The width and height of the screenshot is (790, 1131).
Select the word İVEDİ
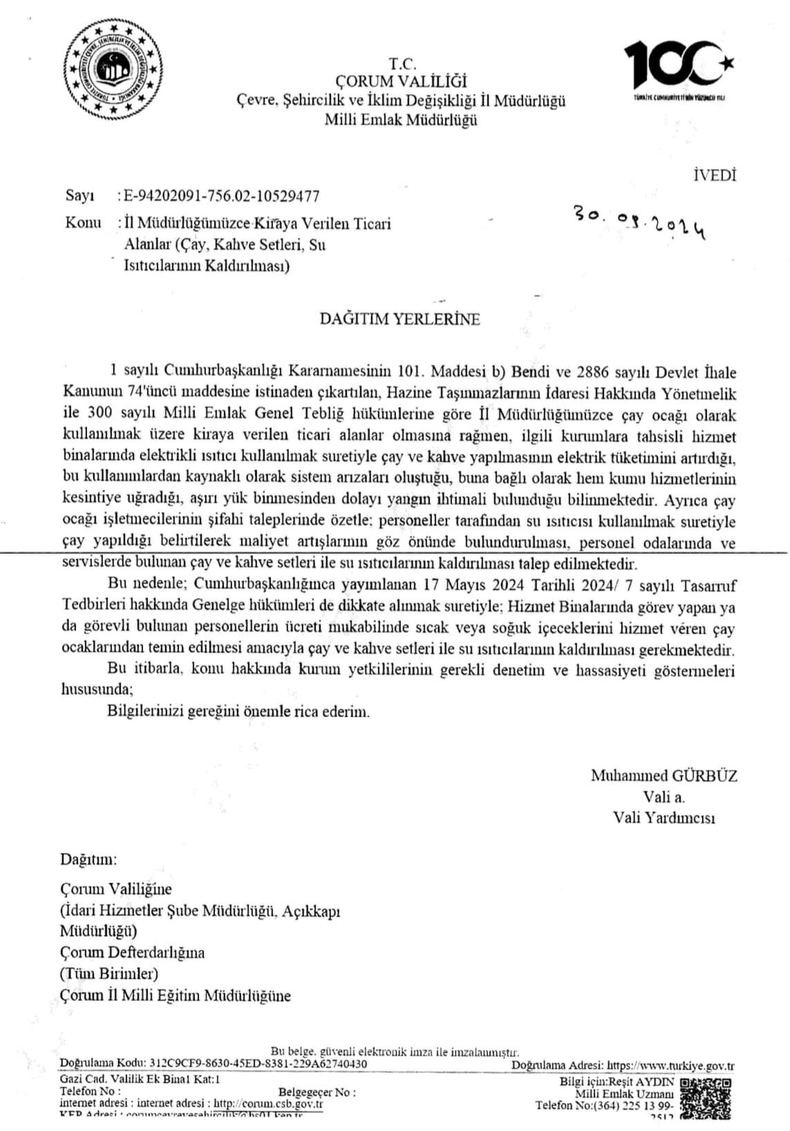pyautogui.click(x=714, y=175)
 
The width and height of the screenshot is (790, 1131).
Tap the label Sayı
pyautogui.click(x=79, y=196)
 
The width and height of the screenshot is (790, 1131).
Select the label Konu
pyautogui.click(x=82, y=223)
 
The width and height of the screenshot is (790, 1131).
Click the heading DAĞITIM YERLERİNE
pyautogui.click(x=399, y=320)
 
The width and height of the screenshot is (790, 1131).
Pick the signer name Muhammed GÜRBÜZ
pyautogui.click(x=664, y=775)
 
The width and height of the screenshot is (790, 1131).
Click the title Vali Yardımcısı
pyautogui.click(x=664, y=818)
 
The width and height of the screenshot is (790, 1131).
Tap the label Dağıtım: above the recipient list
pyautogui.click(x=88, y=860)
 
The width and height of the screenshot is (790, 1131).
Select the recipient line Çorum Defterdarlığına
pyautogui.click(x=132, y=953)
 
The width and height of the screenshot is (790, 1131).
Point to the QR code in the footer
pyautogui.click(x=707, y=1099)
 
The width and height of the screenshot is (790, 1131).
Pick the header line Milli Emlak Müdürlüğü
pyautogui.click(x=401, y=120)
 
